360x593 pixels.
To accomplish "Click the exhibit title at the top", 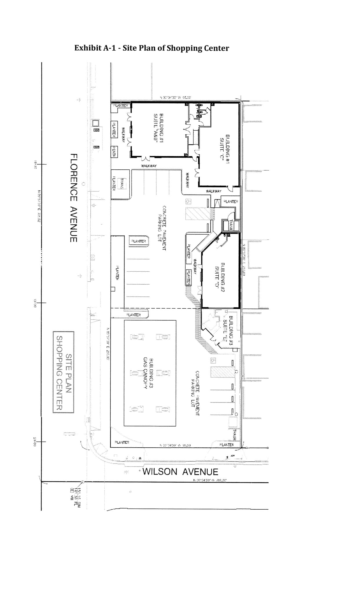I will [151, 48].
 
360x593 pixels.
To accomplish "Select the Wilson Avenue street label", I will [180, 471].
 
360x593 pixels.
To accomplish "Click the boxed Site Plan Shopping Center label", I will [63, 372].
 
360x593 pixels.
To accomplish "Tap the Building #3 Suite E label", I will [228, 328].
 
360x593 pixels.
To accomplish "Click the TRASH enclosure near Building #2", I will [231, 225].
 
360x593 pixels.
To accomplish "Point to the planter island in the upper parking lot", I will [138, 241].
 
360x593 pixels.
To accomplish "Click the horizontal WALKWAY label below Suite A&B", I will [149, 166].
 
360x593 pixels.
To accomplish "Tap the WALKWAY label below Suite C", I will [213, 191].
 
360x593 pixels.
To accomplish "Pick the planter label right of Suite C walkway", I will [230, 201].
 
